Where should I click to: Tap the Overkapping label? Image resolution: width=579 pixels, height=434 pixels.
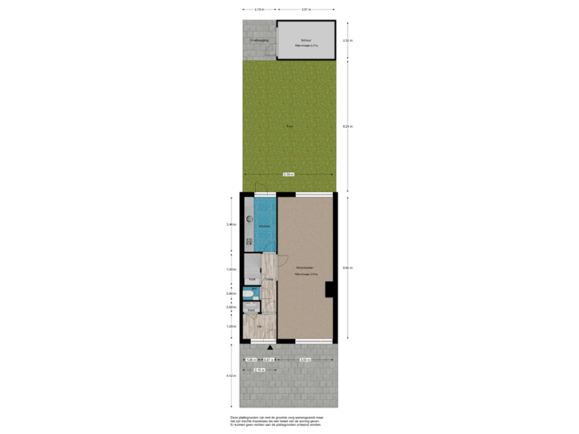259,39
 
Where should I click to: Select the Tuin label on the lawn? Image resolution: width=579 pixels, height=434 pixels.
289,126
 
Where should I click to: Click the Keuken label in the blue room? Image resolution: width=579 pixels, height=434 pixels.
265,227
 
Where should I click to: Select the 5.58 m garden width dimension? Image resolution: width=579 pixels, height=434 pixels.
288,174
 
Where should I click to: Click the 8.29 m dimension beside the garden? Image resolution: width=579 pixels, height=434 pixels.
347,126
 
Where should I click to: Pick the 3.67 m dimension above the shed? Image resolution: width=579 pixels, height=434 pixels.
306,10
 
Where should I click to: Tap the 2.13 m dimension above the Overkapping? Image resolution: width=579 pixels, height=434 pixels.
259,10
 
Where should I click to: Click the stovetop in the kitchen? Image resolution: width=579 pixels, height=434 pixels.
248,239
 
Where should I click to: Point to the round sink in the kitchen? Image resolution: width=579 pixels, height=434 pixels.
248,217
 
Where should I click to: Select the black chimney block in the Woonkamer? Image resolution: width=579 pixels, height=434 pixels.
329,290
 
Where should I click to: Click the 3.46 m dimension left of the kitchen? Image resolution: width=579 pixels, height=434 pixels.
231,224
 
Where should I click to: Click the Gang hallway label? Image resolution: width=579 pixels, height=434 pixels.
269,279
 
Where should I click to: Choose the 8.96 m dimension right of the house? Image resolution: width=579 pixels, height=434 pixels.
347,267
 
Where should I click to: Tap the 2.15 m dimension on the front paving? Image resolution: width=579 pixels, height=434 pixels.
258,370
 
